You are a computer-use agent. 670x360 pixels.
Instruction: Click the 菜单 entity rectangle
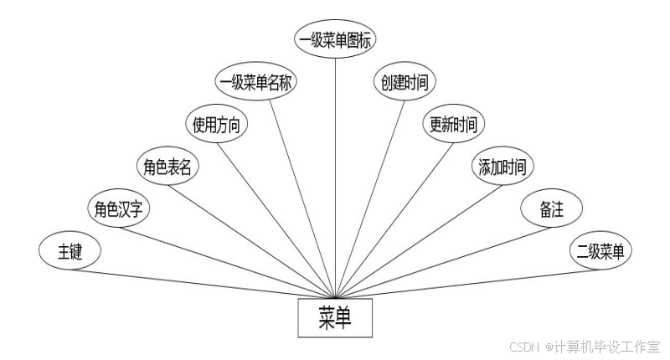point(335,318)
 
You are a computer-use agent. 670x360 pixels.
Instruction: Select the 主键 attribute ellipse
point(70,252)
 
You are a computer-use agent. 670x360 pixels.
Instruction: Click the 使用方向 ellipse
point(216,126)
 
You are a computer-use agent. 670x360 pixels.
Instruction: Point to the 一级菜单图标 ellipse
point(336,40)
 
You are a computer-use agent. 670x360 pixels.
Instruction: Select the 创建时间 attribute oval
point(405,82)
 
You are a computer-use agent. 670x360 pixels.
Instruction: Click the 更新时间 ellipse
point(453,126)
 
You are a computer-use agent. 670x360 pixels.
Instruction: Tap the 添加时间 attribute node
point(502,167)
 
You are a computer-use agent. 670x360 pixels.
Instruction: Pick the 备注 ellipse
point(551,209)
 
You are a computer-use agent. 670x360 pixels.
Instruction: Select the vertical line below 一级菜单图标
point(336,167)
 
